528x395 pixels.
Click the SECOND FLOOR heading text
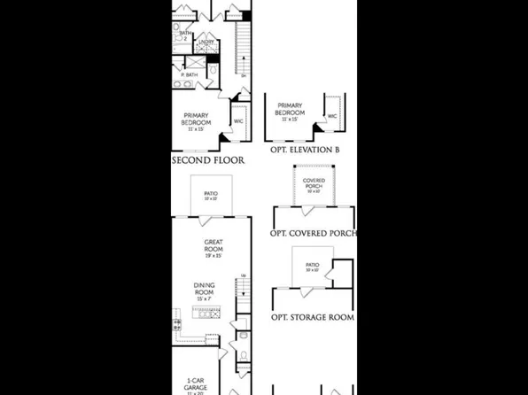tap(208, 161)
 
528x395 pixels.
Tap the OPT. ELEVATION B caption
tap(305, 151)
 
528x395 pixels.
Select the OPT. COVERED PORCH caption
tap(313, 234)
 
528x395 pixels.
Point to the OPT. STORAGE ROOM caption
tap(313, 317)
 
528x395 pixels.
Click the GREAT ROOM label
tap(213, 247)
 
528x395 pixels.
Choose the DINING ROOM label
tap(205, 289)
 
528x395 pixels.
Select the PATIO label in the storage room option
tap(312, 266)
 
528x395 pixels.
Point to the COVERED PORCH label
tap(314, 183)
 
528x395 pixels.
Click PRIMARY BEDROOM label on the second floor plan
tap(196, 120)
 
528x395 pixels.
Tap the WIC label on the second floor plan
tap(238, 121)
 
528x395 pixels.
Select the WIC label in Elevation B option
tap(332, 116)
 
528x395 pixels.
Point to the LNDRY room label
tap(206, 42)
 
